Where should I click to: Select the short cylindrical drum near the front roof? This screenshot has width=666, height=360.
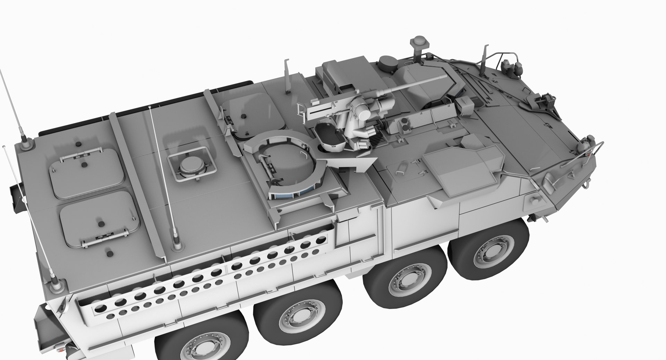[388, 62]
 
